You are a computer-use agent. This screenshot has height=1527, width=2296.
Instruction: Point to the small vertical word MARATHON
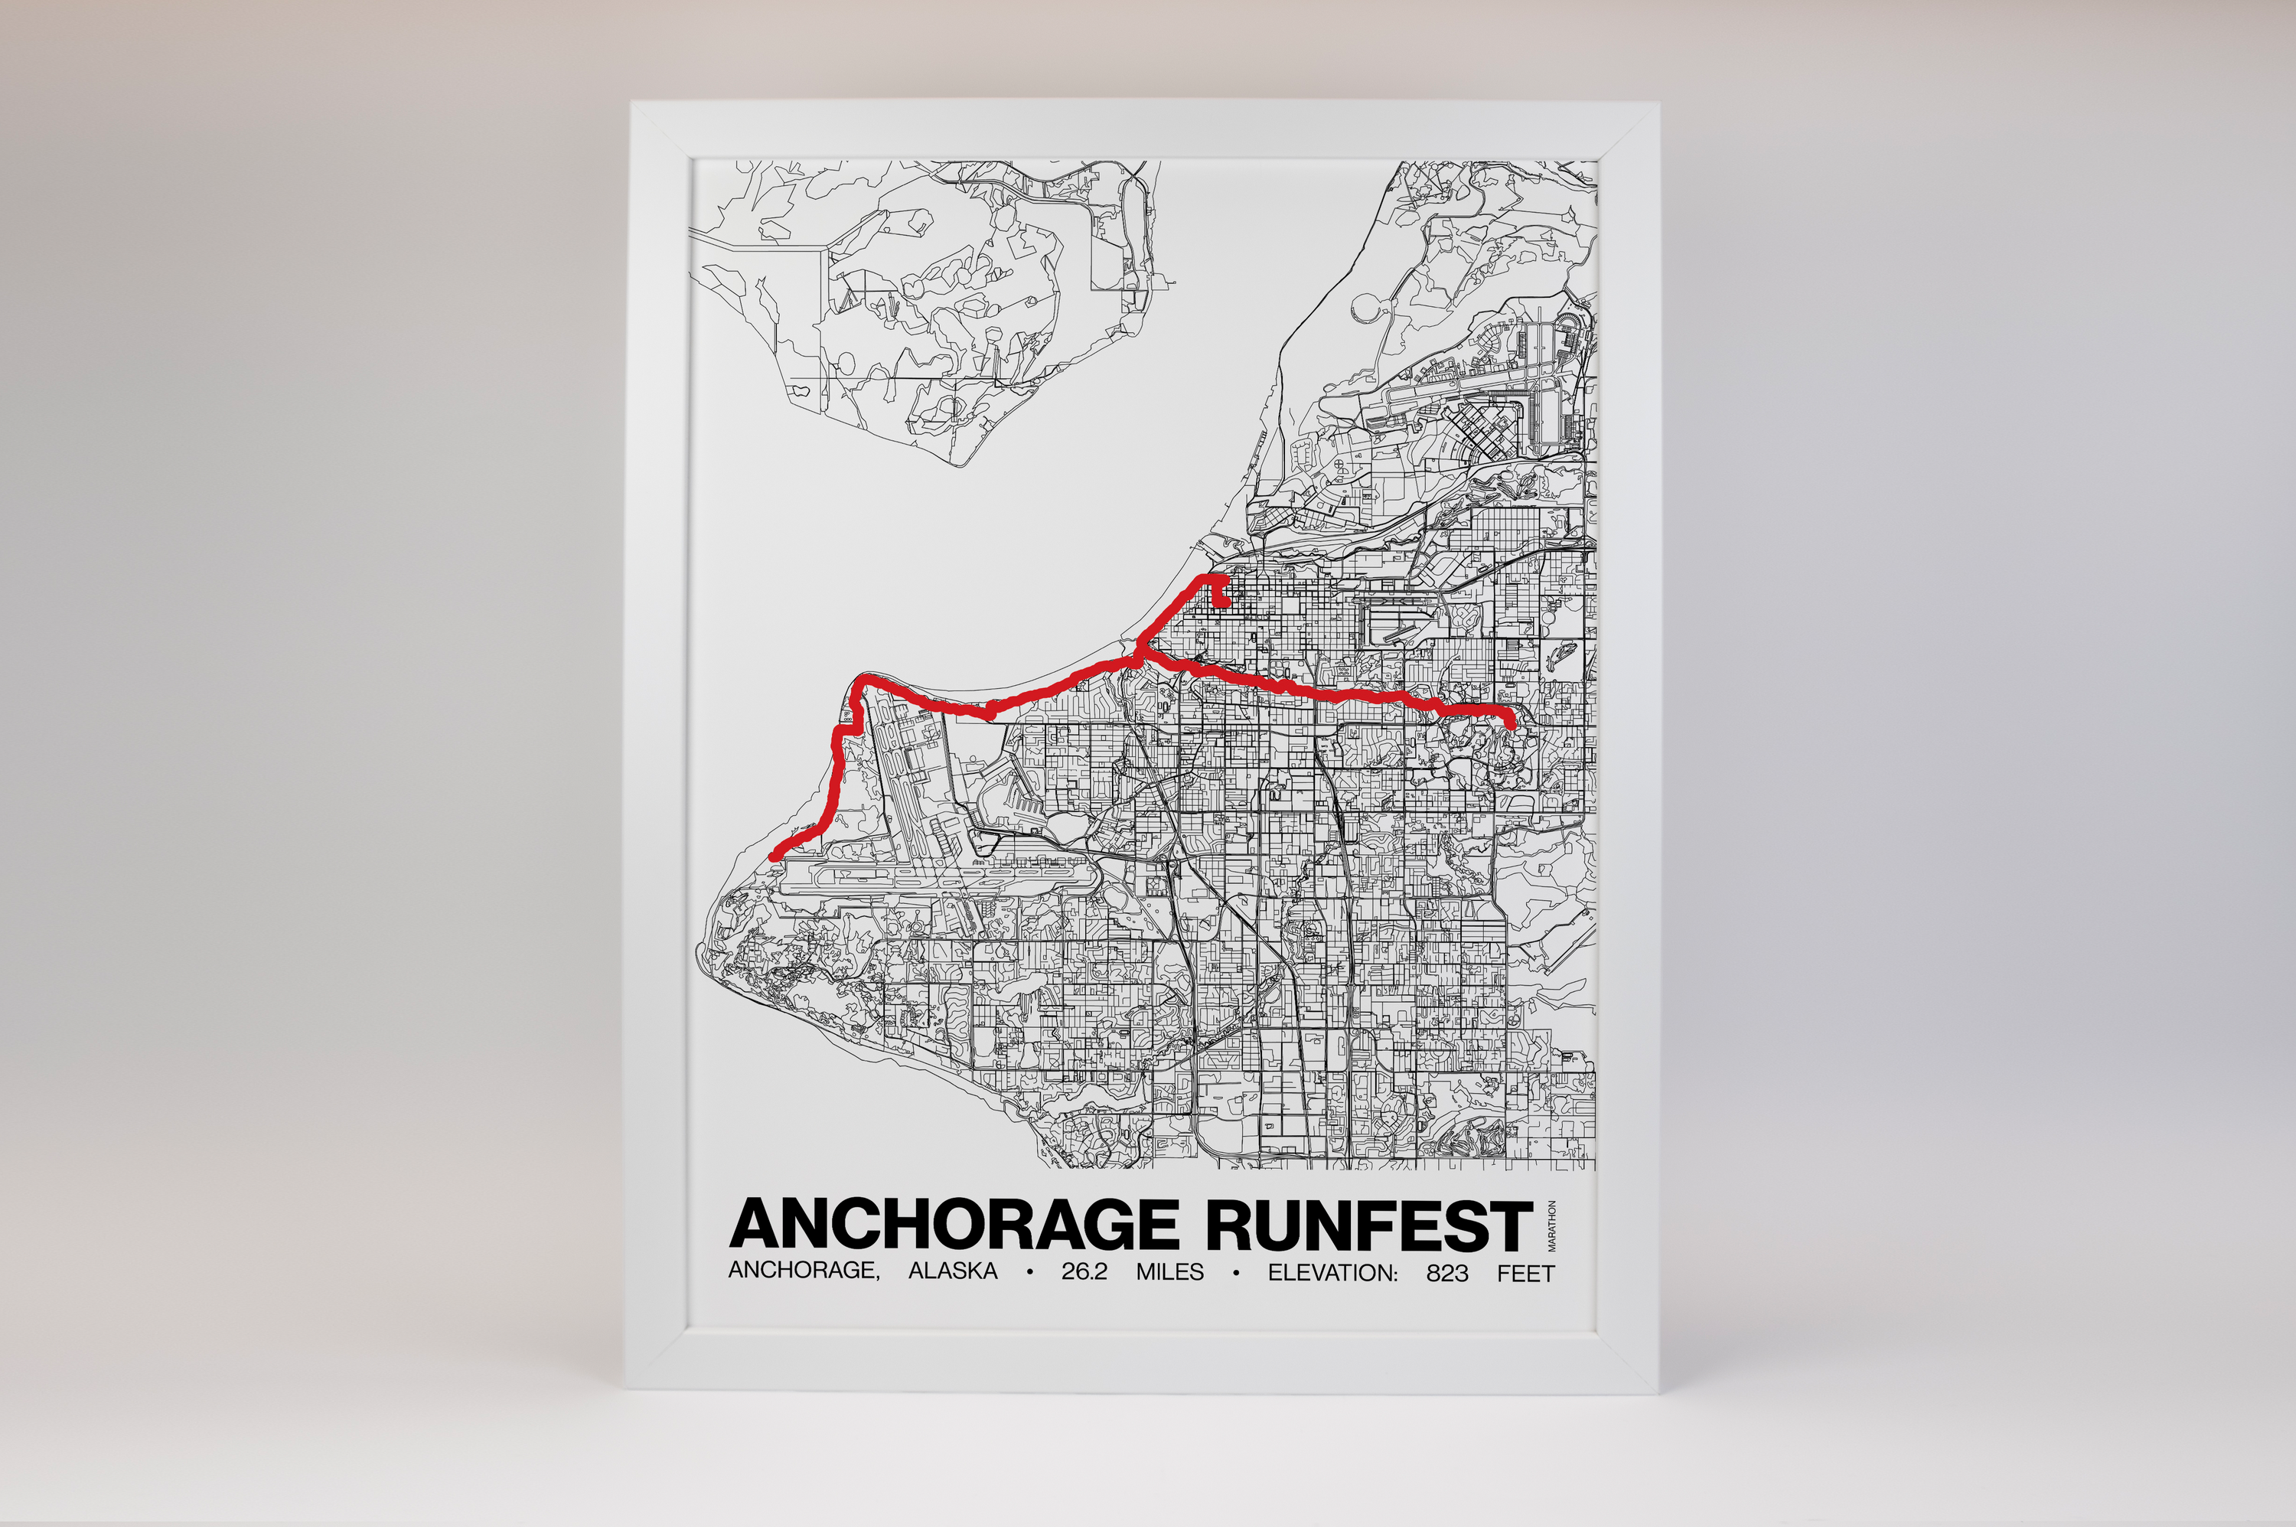[1552, 1226]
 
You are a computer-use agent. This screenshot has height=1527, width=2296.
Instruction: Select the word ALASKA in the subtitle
[952, 1272]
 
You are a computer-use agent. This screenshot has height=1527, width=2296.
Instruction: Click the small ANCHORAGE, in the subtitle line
[804, 1272]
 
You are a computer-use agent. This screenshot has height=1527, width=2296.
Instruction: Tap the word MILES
[1169, 1272]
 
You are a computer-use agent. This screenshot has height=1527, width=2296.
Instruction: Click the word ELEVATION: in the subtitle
[1332, 1272]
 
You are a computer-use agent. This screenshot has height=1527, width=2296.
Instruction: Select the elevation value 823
[1447, 1272]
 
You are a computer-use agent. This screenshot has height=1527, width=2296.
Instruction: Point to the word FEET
[1526, 1272]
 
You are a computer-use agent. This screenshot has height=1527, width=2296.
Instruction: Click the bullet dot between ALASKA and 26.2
[1029, 1273]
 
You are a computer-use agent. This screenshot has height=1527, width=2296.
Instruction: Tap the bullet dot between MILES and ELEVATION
[1236, 1273]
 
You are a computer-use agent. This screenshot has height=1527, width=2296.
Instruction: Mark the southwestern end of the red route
[774, 856]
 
